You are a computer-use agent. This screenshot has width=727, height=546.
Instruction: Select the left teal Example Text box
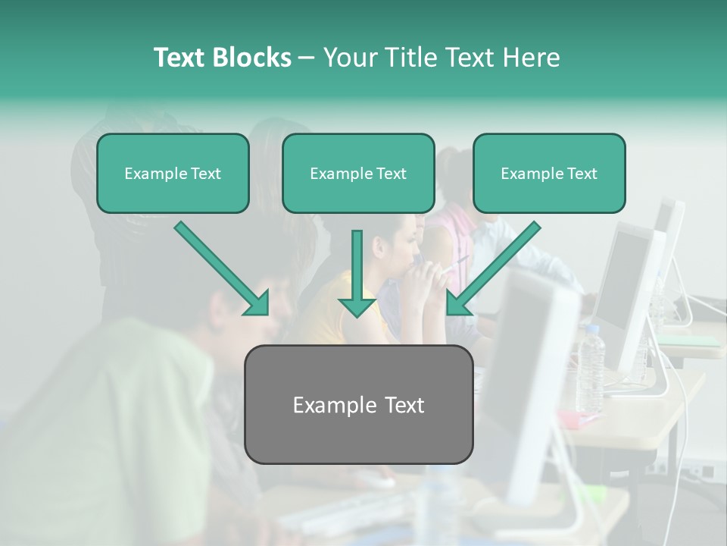pyautogui.click(x=173, y=174)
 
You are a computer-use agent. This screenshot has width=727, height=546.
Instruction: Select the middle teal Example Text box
pyautogui.click(x=358, y=174)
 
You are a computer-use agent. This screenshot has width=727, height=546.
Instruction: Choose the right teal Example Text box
pyautogui.click(x=549, y=174)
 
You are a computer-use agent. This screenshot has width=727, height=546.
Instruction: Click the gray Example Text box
pyautogui.click(x=358, y=405)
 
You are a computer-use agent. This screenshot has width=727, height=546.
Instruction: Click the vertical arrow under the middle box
pyautogui.click(x=357, y=273)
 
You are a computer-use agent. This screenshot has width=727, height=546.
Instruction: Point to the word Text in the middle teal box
pyautogui.click(x=391, y=174)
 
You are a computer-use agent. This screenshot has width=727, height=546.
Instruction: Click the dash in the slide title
pyautogui.click(x=307, y=58)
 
